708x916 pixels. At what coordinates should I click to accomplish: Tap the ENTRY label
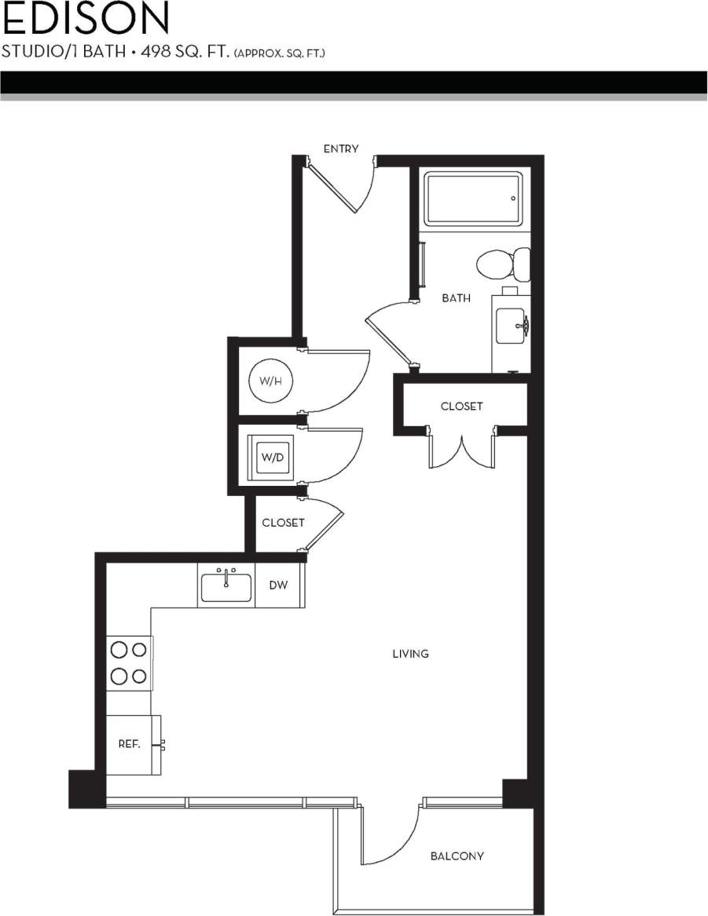(x=341, y=148)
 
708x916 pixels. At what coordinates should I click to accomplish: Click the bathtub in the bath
(x=472, y=199)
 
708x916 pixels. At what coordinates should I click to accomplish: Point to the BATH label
(x=456, y=298)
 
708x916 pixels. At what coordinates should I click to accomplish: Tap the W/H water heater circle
(x=265, y=382)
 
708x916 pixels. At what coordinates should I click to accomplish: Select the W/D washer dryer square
(x=271, y=458)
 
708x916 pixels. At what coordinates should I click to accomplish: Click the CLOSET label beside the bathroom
(x=461, y=406)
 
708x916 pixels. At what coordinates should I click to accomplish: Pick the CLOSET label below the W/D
(x=283, y=523)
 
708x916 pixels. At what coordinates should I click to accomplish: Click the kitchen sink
(x=226, y=586)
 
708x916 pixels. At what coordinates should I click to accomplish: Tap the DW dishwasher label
(x=277, y=586)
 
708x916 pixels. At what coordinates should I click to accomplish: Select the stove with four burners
(x=129, y=662)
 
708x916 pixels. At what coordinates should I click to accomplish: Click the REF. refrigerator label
(x=129, y=744)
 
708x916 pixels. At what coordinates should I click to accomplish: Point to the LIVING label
(x=410, y=653)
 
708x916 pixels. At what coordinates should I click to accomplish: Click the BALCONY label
(x=457, y=856)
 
